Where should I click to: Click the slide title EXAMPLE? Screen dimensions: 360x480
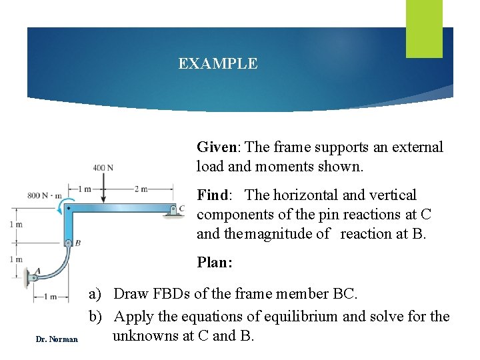pos(217,64)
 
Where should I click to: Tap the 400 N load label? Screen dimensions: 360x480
pos(103,167)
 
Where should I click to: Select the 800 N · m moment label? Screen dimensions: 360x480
pos(45,195)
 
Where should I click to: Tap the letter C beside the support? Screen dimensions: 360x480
pos(182,209)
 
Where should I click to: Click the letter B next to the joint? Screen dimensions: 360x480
pos(77,243)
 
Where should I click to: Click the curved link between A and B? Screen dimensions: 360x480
pos(59,267)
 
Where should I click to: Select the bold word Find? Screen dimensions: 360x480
pos(212,195)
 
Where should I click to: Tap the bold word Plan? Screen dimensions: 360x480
pos(214,263)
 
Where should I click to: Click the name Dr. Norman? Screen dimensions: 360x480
pos(57,340)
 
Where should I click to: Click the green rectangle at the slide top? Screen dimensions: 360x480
pos(424,29)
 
